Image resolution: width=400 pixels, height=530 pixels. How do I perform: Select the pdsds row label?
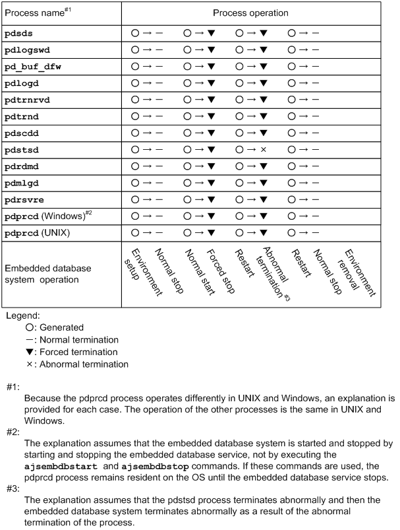tap(19, 32)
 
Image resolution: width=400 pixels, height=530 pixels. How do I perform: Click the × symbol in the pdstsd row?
tap(263, 150)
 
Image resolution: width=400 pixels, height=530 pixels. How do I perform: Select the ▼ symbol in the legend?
tap(29, 352)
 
